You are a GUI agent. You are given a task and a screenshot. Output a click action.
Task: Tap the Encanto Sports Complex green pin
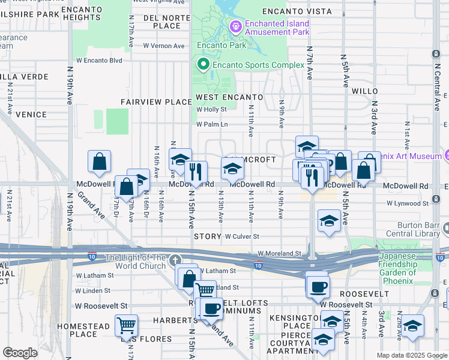203,65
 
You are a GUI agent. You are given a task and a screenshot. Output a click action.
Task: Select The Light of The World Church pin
175,260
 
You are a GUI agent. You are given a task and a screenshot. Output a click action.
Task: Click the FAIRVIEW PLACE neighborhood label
156,102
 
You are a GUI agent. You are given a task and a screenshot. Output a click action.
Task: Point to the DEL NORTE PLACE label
158,22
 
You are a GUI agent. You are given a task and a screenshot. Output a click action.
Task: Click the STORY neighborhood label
208,237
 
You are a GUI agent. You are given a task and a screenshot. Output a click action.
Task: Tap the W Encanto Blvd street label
99,61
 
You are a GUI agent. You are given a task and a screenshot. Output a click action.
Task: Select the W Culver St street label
242,237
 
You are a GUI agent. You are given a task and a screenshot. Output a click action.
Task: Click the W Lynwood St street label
408,203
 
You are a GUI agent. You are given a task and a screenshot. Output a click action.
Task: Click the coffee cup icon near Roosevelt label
317,285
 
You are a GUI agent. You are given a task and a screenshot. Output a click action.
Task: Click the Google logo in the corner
20,353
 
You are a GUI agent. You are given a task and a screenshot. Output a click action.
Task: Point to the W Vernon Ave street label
163,46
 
